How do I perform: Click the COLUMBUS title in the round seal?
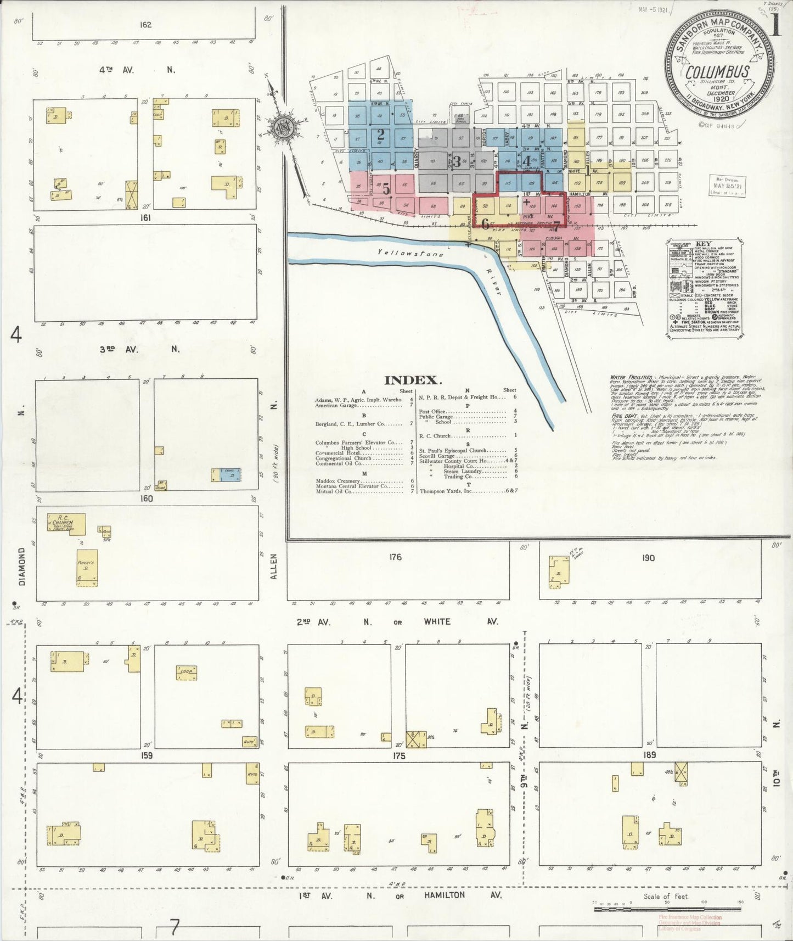point(717,72)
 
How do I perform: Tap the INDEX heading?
point(413,380)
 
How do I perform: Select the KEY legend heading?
point(703,244)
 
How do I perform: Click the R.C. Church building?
point(67,523)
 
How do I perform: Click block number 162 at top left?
point(145,25)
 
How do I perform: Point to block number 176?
point(395,557)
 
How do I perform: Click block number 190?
point(648,558)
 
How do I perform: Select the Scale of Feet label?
point(666,897)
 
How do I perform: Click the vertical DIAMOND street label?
point(23,566)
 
